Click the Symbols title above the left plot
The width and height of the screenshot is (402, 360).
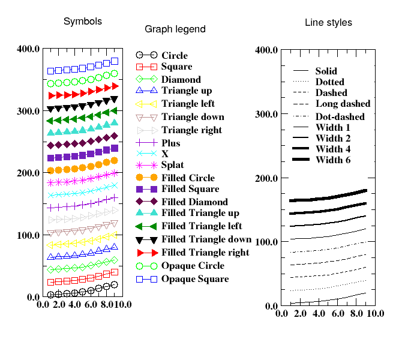pyautogui.click(x=83, y=21)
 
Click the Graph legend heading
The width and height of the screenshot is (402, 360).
pyautogui.click(x=175, y=29)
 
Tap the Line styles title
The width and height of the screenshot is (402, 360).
pyautogui.click(x=328, y=23)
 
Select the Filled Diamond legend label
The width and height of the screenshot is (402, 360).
pyautogui.click(x=194, y=202)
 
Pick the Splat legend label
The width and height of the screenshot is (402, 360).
pyautogui.click(x=173, y=165)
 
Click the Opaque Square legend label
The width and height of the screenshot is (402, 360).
pyautogui.click(x=195, y=279)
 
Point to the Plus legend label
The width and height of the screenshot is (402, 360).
pyautogui.click(x=171, y=143)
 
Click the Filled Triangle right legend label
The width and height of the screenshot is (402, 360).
pyautogui.click(x=205, y=253)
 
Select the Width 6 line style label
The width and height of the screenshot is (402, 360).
pyautogui.click(x=333, y=160)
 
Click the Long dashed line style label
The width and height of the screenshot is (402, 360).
pyautogui.click(x=343, y=104)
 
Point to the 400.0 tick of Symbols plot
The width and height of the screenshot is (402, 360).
pyautogui.click(x=28, y=49)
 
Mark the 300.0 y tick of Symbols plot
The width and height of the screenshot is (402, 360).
pyautogui.click(x=28, y=111)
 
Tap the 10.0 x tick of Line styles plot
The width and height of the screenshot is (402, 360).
pyautogui.click(x=375, y=314)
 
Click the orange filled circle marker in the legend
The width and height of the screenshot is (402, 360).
pyautogui.click(x=140, y=178)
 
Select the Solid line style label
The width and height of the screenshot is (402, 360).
pyautogui.click(x=326, y=71)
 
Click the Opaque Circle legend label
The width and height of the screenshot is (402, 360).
pyautogui.click(x=193, y=266)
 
